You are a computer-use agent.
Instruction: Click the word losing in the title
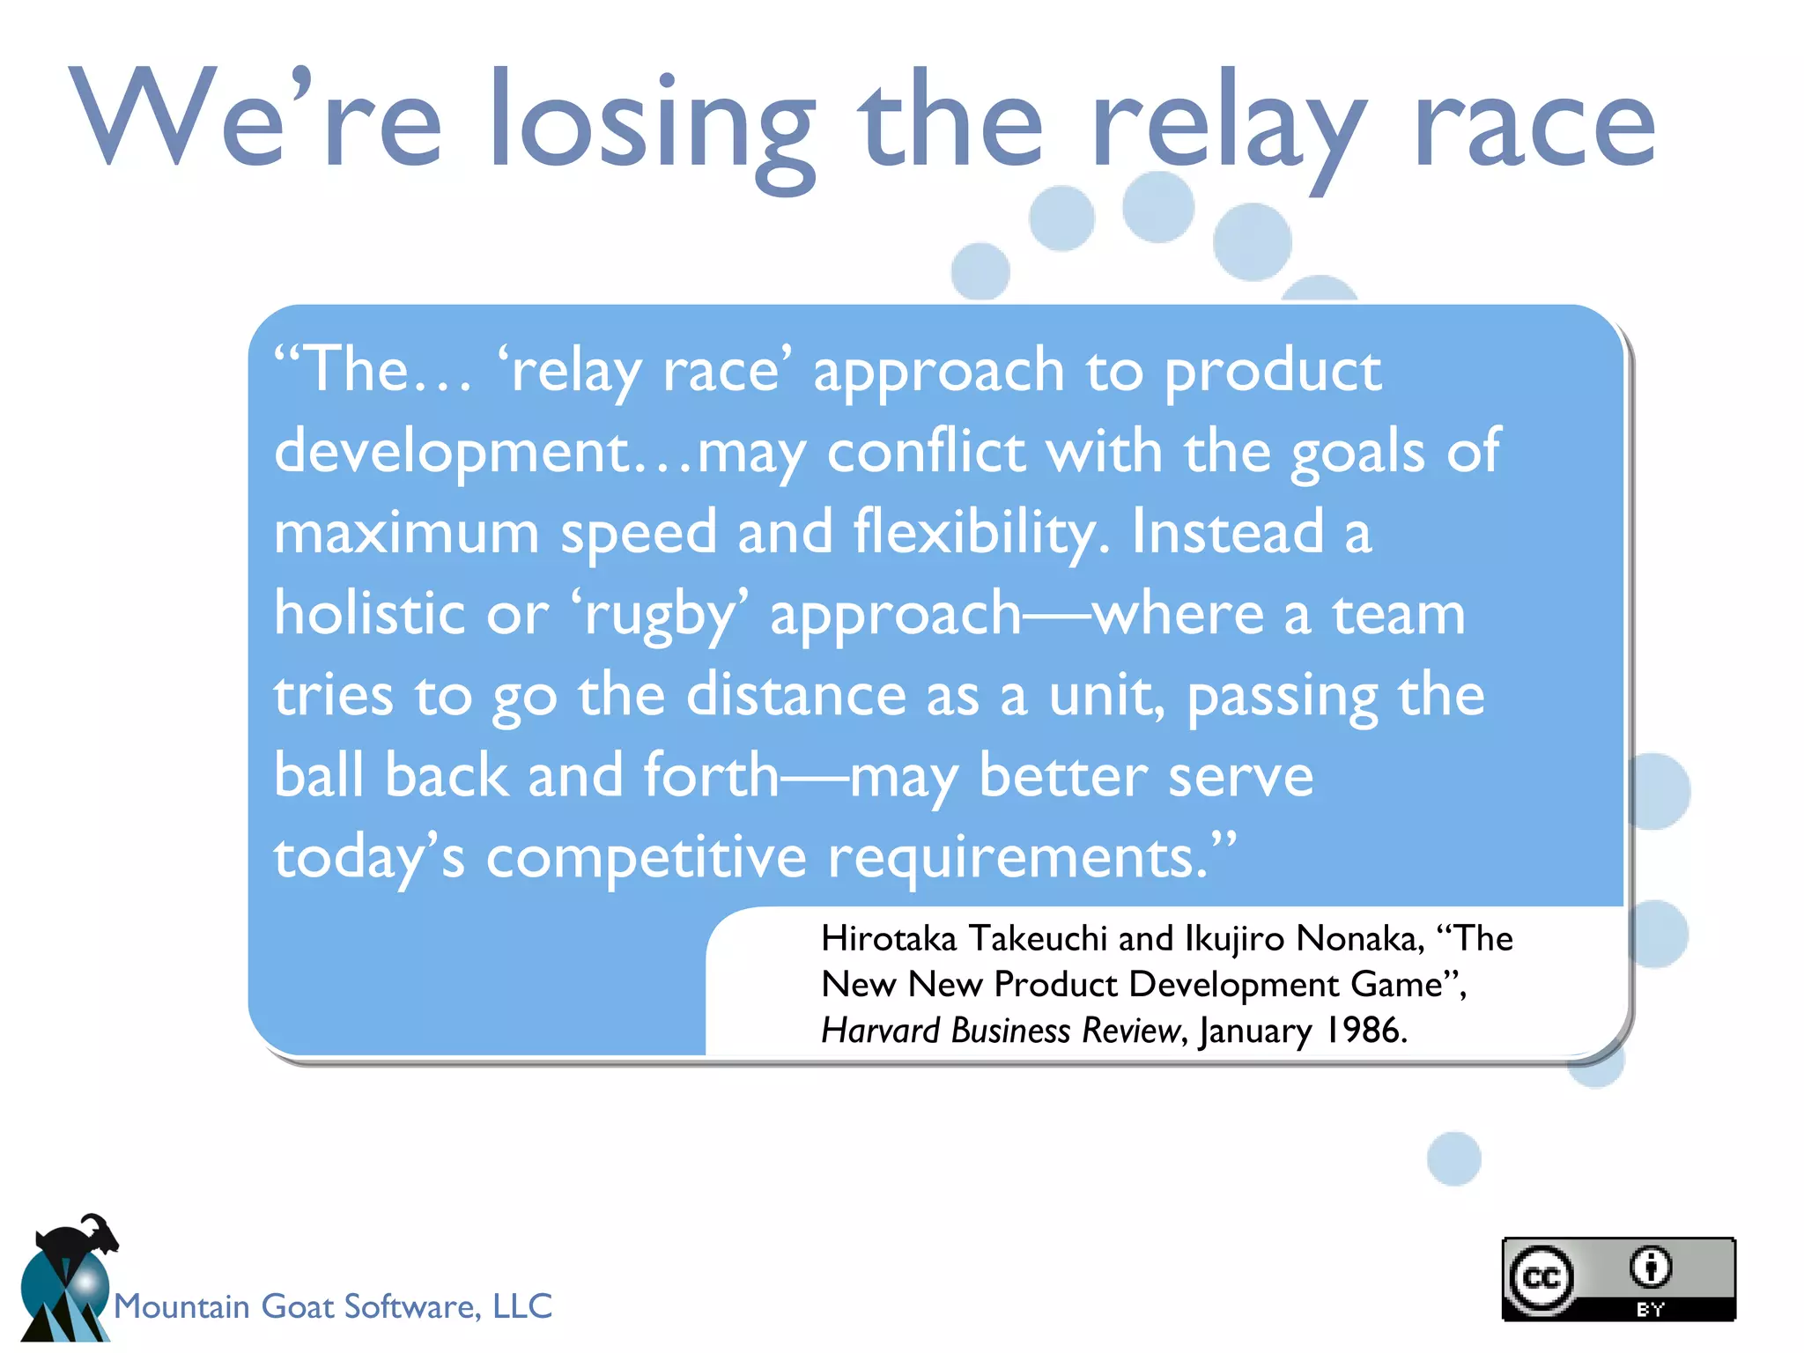(652, 123)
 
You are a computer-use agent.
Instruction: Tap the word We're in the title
(255, 119)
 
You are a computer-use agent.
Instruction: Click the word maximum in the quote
(406, 533)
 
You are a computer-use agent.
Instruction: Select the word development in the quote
(453, 452)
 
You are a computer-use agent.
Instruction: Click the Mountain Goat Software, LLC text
(333, 1306)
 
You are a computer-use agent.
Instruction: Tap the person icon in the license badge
(1650, 1267)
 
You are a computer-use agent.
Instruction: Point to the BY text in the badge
(1650, 1309)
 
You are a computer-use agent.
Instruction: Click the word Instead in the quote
(1227, 532)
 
